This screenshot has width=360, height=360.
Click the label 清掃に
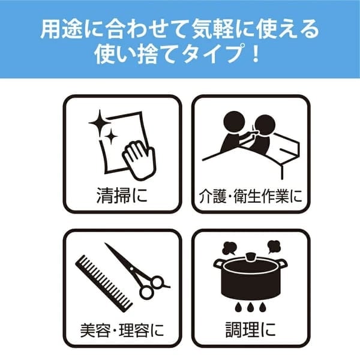click(x=122, y=196)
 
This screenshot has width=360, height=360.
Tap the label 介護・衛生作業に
click(x=250, y=197)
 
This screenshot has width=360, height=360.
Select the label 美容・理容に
click(x=122, y=330)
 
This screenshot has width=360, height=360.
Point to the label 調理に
click(x=250, y=329)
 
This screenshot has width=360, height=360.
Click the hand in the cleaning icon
click(x=140, y=160)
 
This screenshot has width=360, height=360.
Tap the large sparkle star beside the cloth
click(x=100, y=123)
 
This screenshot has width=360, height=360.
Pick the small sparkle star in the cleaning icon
click(x=112, y=136)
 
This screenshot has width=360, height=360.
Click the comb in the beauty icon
click(x=104, y=284)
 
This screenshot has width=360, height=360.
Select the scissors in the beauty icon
click(x=138, y=271)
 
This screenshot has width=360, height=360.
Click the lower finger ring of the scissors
click(x=147, y=292)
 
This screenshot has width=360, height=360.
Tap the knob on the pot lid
click(x=250, y=256)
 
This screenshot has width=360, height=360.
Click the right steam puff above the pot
click(x=274, y=247)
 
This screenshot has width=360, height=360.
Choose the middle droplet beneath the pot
click(x=250, y=307)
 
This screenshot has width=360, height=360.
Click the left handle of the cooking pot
click(x=218, y=263)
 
